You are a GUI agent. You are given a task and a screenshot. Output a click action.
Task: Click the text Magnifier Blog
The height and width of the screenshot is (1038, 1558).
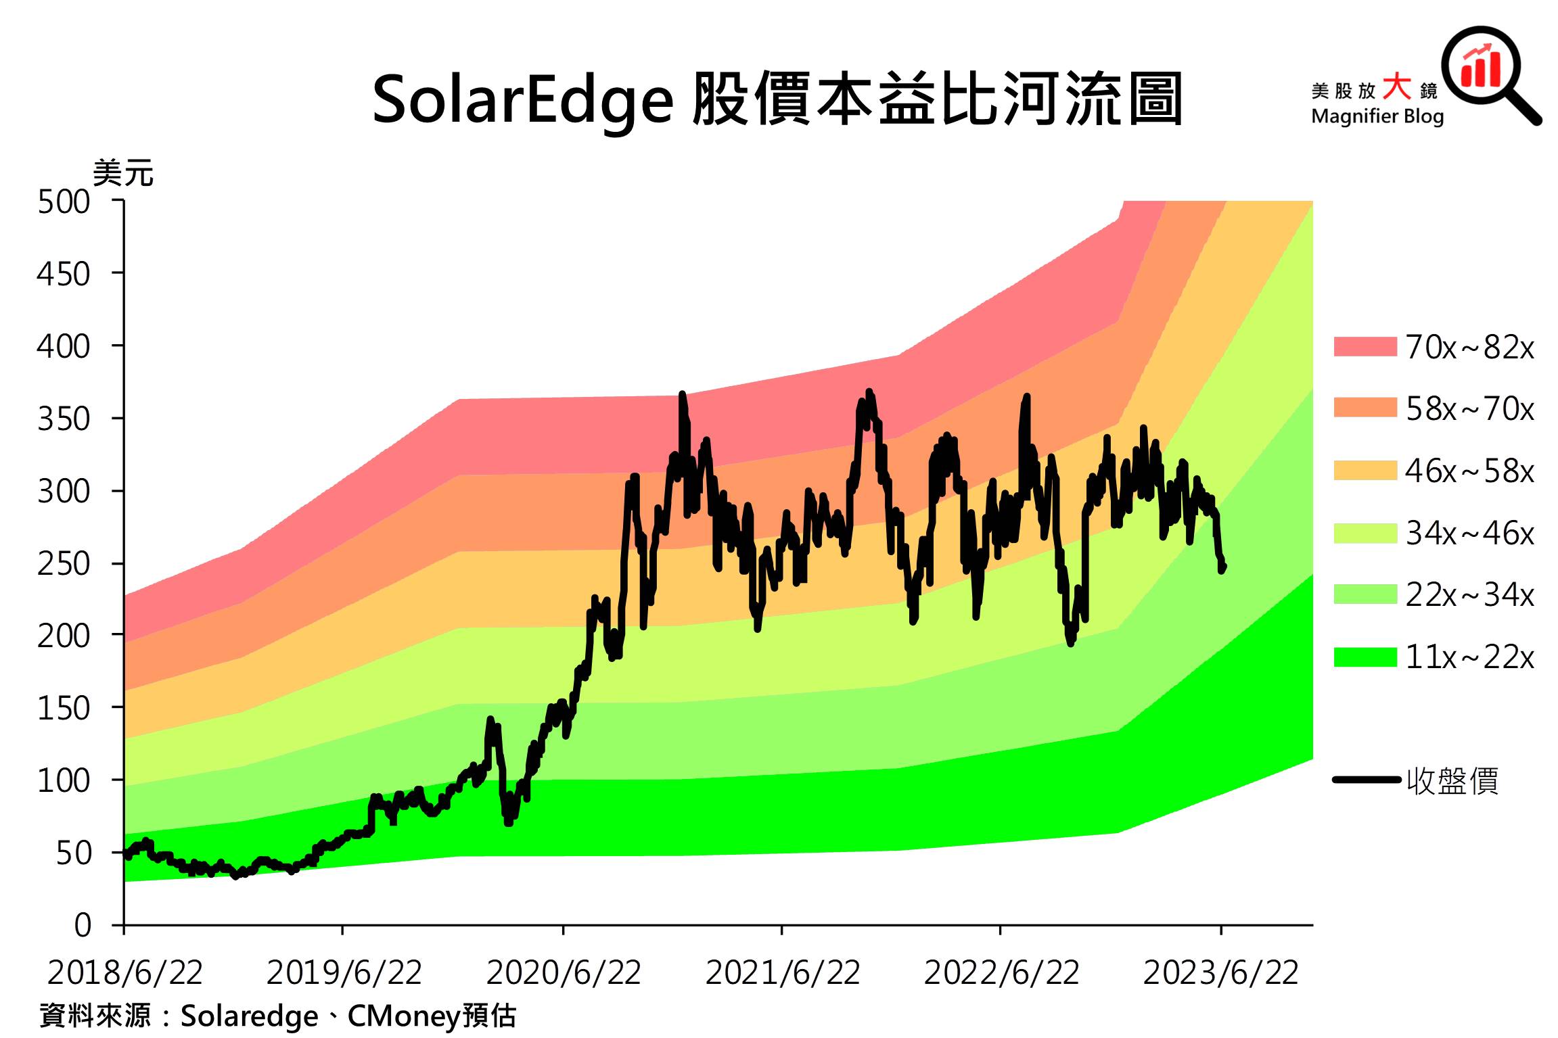coord(1377,116)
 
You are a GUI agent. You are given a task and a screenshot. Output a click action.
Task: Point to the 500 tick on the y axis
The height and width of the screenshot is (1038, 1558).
coord(64,202)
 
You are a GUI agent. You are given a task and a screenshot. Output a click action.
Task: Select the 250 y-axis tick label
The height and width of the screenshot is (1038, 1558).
coord(64,563)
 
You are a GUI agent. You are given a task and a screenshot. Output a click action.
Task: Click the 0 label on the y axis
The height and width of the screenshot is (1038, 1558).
coord(83,924)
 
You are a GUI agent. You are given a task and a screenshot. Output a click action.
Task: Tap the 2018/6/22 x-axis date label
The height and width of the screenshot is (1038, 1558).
coord(125,973)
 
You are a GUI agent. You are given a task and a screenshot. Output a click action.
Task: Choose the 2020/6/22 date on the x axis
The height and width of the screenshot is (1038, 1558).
coord(564,973)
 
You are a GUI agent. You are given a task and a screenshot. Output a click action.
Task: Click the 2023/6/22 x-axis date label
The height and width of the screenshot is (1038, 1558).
coord(1221,973)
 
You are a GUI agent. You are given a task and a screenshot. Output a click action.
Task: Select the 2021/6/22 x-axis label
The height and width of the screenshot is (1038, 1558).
coord(783,973)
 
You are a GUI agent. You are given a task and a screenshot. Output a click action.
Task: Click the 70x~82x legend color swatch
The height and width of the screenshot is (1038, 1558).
coord(1365,347)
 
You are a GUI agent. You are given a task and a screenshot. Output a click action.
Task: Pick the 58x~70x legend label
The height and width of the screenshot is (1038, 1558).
coord(1469,408)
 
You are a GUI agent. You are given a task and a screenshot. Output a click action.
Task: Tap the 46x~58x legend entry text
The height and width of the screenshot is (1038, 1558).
coord(1469,471)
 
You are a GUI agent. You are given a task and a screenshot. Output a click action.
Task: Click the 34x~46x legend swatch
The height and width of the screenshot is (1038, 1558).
coord(1365,533)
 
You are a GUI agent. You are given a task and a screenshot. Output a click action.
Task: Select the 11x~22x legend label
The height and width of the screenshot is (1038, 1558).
coord(1469,657)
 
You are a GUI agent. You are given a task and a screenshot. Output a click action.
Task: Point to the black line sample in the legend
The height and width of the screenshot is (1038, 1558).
coord(1366,780)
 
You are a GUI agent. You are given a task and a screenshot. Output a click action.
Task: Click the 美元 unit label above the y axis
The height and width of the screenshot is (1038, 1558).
coord(123,174)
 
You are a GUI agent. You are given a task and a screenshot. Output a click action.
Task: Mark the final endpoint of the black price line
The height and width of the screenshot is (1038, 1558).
coord(1223,567)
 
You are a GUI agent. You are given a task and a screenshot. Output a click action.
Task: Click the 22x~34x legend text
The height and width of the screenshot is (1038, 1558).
coord(1469,594)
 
